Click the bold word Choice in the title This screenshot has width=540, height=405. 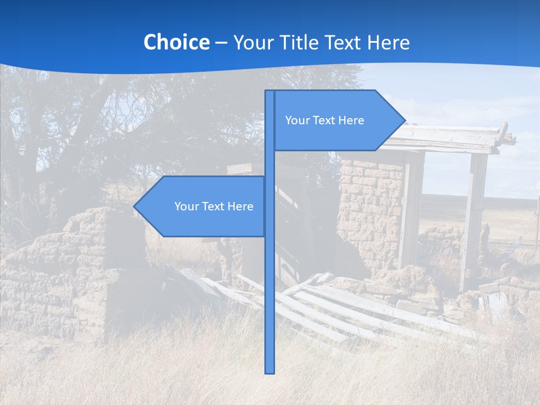[176, 42]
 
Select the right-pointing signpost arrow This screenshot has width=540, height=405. [337, 120]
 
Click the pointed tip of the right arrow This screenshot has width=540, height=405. [403, 120]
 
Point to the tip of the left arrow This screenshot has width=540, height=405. [135, 206]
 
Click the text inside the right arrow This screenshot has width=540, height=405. [325, 120]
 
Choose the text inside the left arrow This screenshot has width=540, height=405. [214, 206]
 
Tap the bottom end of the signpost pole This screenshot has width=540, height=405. [270, 371]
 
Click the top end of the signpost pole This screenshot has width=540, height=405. [270, 92]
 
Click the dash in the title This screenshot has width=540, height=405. [221, 43]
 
